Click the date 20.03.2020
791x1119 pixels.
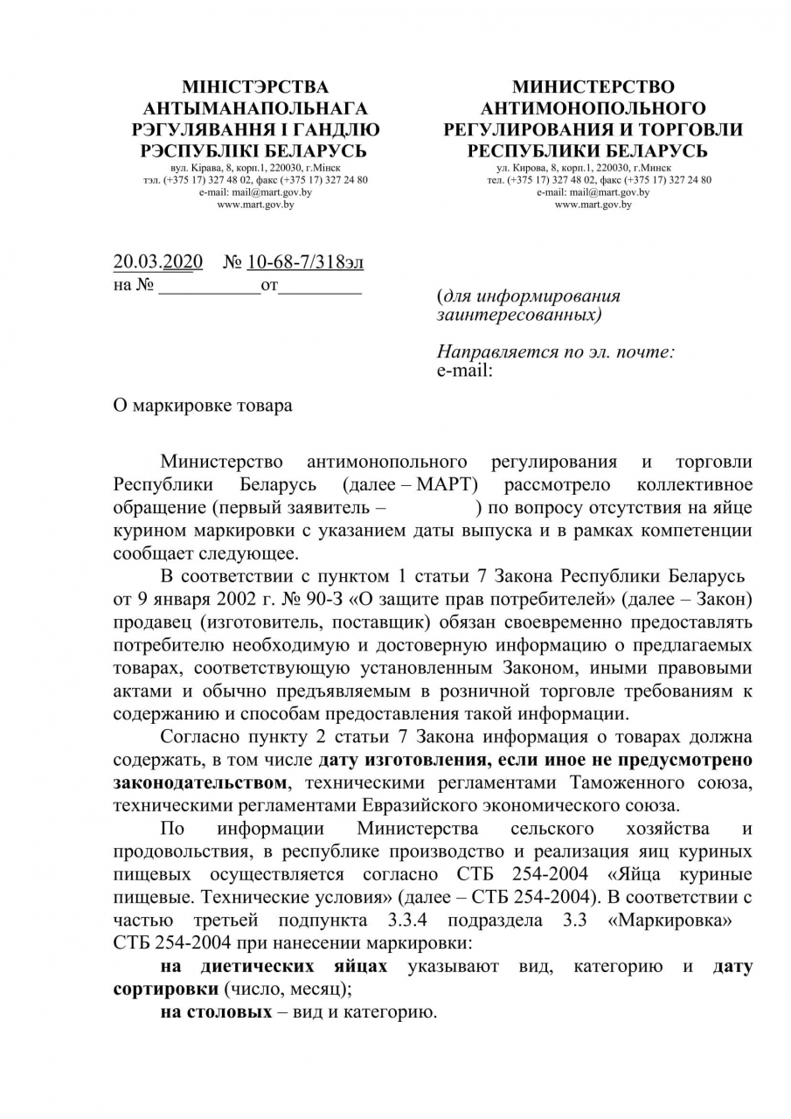pos(158,262)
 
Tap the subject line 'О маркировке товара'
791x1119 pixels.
pos(203,406)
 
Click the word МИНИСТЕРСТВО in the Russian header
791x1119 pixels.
pos(593,87)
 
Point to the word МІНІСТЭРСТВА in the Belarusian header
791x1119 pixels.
pos(255,87)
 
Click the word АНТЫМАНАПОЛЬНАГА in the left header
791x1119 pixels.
pos(255,108)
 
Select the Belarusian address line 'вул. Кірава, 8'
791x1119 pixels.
pos(255,166)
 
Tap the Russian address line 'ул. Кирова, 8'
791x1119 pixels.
pos(593,166)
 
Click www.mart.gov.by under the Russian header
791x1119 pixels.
pos(593,205)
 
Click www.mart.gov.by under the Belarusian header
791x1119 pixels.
pos(255,205)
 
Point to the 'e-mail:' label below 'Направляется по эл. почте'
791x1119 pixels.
pos(464,370)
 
